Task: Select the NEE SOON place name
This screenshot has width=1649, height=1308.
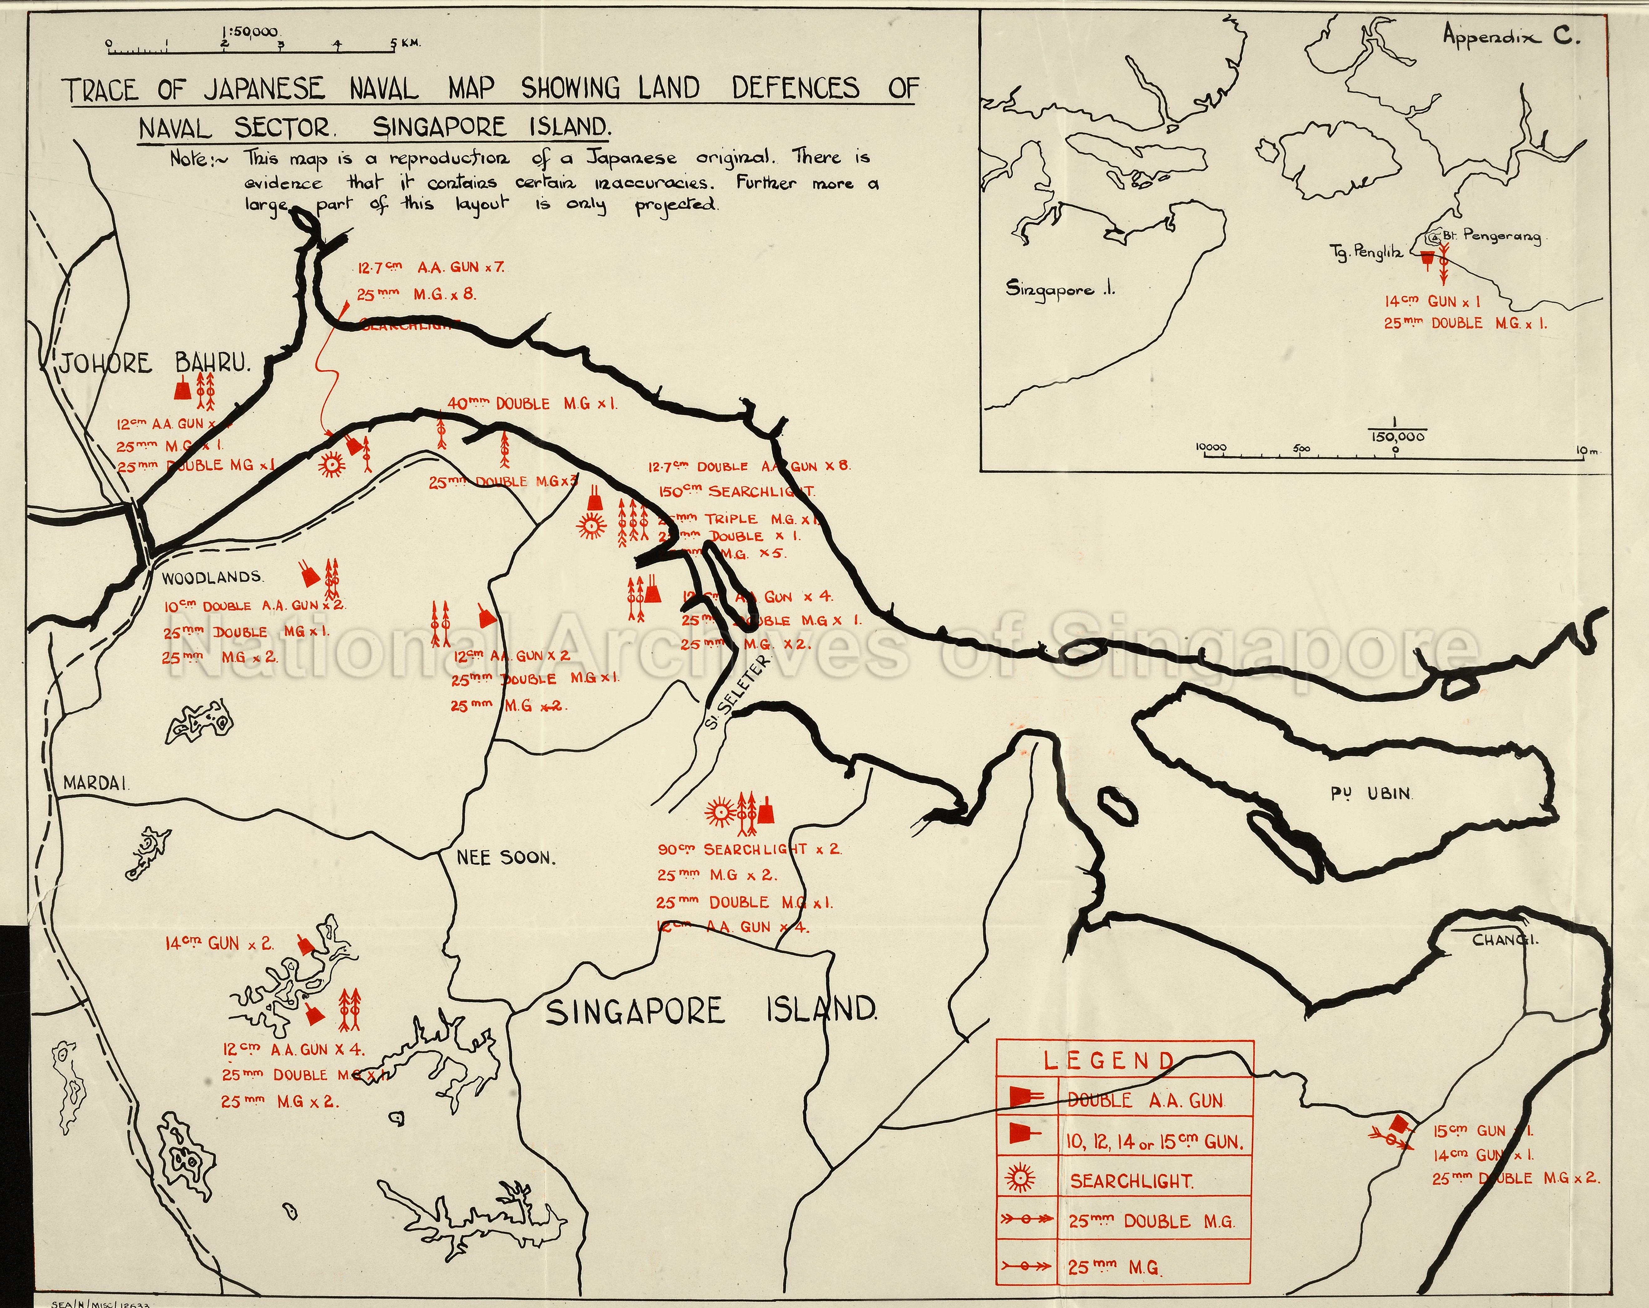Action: (x=506, y=858)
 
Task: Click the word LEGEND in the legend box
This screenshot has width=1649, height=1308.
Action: (x=1109, y=1061)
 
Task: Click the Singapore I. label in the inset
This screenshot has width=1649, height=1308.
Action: (x=1060, y=290)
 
